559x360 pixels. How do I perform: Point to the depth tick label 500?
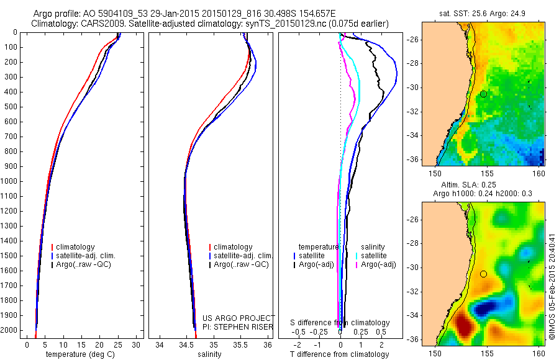pyautogui.click(x=13, y=107)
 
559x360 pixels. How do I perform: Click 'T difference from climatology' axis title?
pyautogui.click(x=339, y=354)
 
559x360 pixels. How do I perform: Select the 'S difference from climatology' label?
pyautogui.click(x=340, y=323)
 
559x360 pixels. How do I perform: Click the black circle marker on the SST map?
pyautogui.click(x=483, y=94)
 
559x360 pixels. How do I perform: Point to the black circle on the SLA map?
pyautogui.click(x=483, y=274)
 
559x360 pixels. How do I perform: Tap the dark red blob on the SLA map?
pyautogui.click(x=464, y=324)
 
